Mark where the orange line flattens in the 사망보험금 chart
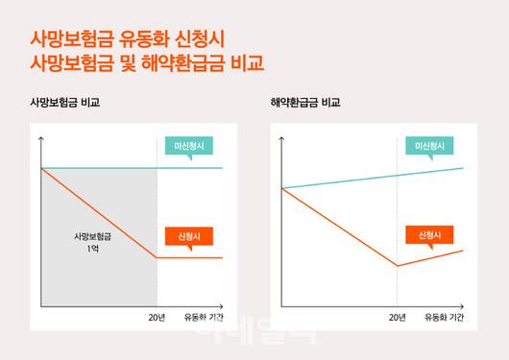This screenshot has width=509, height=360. click(158, 257)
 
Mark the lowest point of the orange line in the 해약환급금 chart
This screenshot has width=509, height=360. click(397, 266)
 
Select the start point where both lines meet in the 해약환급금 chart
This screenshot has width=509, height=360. click(281, 188)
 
